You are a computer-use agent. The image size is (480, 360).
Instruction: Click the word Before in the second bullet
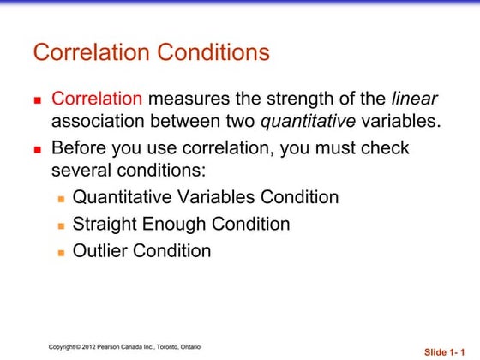click(81, 147)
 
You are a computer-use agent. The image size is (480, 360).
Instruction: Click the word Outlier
click(100, 251)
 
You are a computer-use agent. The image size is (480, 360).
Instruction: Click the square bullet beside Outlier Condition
click(61, 252)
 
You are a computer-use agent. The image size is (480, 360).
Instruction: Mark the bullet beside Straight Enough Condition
click(61, 225)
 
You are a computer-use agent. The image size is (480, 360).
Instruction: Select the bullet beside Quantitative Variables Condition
click(61, 199)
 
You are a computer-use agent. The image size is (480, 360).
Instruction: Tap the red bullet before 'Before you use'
click(38, 148)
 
